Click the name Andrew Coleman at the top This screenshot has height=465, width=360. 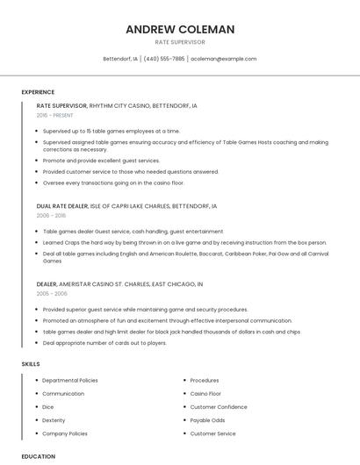pyautogui.click(x=180, y=29)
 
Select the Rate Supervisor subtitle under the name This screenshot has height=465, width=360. pyautogui.click(x=180, y=42)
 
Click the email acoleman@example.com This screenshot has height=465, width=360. pyautogui.click(x=224, y=59)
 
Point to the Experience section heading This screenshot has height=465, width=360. pyautogui.click(x=38, y=92)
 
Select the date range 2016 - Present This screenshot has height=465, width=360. pyautogui.click(x=54, y=115)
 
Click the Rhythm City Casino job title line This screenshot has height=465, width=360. pyautogui.click(x=117, y=105)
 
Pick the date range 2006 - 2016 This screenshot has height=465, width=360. pyautogui.click(x=51, y=215)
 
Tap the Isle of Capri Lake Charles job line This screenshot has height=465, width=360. pyautogui.click(x=126, y=206)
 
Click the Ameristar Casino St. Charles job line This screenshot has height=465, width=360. pyautogui.click(x=119, y=284)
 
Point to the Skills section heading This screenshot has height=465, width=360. pyautogui.click(x=30, y=363)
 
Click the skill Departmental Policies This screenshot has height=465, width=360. pyautogui.click(x=70, y=381)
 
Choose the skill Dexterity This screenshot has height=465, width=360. pyautogui.click(x=54, y=420)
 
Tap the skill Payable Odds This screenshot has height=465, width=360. pyautogui.click(x=207, y=420)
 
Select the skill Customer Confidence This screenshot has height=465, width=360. pyautogui.click(x=219, y=407)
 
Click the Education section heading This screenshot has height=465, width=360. pyautogui.click(x=38, y=456)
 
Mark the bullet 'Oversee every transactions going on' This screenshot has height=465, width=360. pyautogui.click(x=113, y=182)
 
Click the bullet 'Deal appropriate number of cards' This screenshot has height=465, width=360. pyautogui.click(x=104, y=343)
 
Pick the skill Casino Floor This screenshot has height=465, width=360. pyautogui.click(x=205, y=394)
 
